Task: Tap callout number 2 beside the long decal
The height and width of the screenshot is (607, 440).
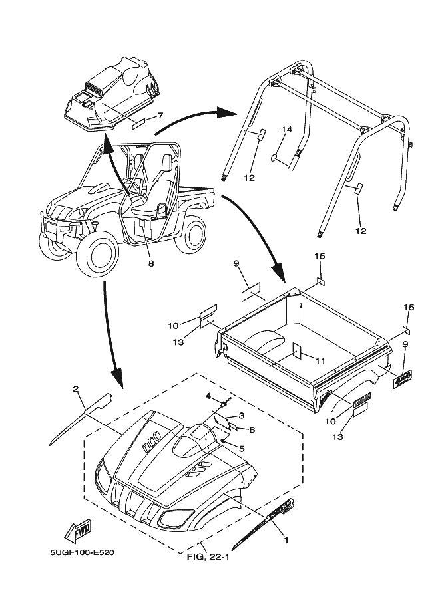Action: click(x=76, y=388)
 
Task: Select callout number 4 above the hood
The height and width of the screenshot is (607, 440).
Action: click(x=208, y=396)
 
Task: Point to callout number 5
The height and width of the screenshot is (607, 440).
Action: click(x=241, y=448)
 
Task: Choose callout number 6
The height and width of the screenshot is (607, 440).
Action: click(x=252, y=429)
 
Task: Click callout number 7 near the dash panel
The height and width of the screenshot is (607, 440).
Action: click(x=160, y=115)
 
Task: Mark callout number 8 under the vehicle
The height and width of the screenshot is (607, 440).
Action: click(x=150, y=263)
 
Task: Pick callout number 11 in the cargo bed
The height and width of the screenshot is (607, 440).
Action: click(x=320, y=361)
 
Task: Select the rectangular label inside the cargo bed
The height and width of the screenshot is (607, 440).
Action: click(x=296, y=351)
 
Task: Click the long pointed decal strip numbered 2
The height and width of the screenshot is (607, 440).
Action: click(x=80, y=418)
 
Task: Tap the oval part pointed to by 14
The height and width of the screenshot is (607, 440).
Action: click(x=274, y=158)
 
